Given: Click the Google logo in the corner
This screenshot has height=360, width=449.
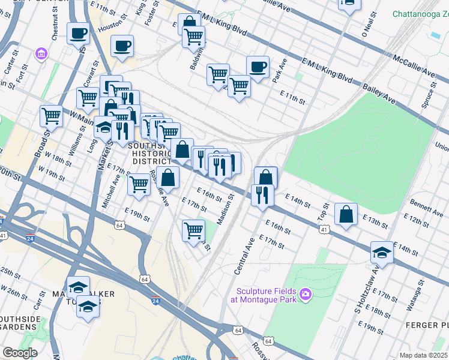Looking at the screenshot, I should [x=20, y=353].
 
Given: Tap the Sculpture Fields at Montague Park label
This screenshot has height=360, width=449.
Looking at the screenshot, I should [x=267, y=294].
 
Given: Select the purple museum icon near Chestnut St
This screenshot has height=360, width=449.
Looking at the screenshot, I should [x=41, y=55].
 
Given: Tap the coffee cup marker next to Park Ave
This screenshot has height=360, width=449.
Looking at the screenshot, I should [x=258, y=67].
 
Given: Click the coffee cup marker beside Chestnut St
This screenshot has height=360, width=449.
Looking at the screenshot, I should [x=78, y=33].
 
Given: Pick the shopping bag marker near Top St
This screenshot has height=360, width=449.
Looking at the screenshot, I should [x=347, y=214].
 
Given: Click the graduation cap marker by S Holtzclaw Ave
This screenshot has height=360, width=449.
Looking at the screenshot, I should [x=382, y=251].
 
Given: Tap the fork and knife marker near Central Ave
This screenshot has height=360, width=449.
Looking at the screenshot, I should [x=262, y=194].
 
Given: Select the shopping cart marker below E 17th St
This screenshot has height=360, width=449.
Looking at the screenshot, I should [x=193, y=230].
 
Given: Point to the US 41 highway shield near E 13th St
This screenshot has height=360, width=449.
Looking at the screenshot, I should [x=324, y=229].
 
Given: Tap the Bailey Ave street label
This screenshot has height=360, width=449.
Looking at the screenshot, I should [x=378, y=94].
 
